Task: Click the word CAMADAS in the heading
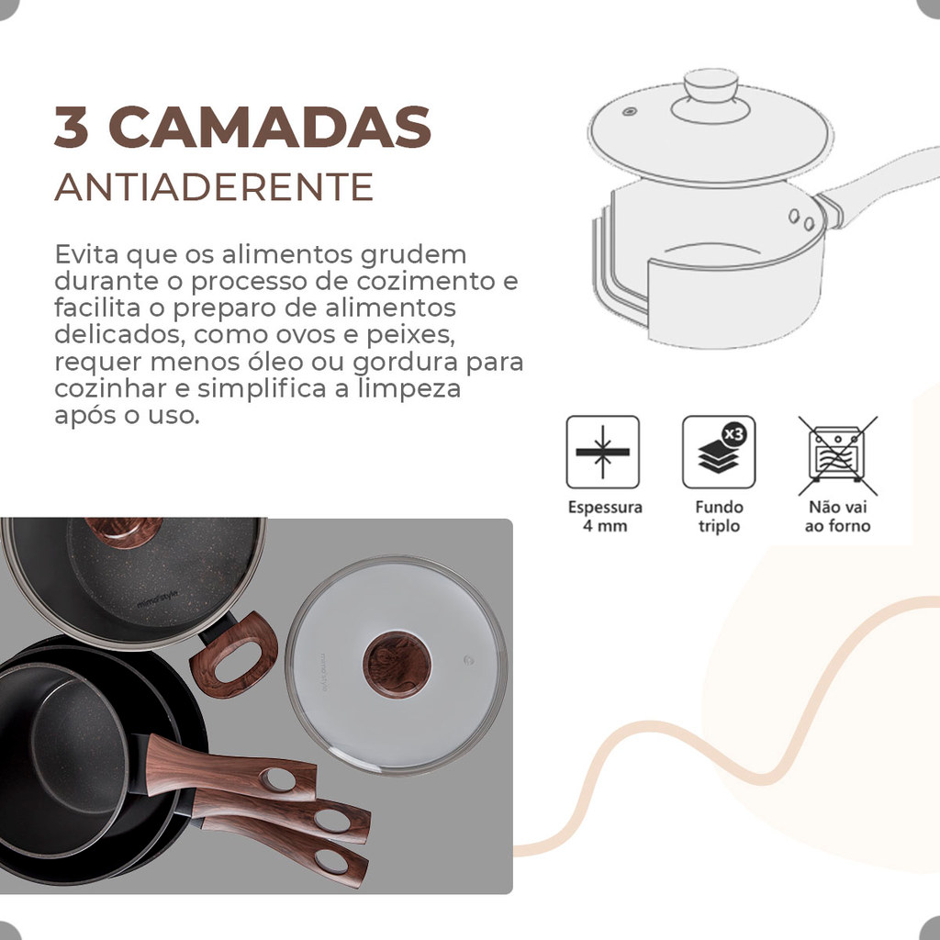pos(270,127)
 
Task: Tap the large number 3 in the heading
pos(72,127)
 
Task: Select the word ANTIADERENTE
pos(214,187)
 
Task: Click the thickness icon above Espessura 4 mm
pos(602,452)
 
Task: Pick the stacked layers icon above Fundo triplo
pos(719,452)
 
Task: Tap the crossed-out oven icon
pos(837,455)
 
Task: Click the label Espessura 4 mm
pos(605,517)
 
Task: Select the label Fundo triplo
pos(719,517)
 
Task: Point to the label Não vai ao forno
pos(837,517)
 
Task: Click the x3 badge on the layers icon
pos(733,433)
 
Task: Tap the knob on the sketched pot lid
pos(711,87)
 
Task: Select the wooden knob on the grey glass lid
pos(397,665)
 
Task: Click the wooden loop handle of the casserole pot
pos(234,655)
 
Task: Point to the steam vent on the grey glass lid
pos(469,661)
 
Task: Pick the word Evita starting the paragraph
pos(86,255)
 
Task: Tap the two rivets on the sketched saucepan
pos(800,219)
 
